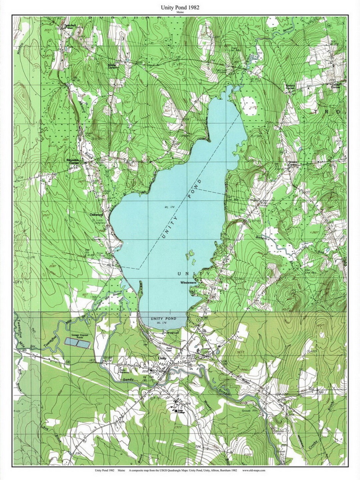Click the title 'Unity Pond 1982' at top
[x=180, y=7]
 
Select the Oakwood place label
[x=96, y=215]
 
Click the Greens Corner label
[x=293, y=163]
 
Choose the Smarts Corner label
[x=290, y=86]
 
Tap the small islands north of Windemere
[x=191, y=255]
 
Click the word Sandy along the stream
[x=128, y=379]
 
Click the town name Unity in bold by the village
[x=162, y=358]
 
